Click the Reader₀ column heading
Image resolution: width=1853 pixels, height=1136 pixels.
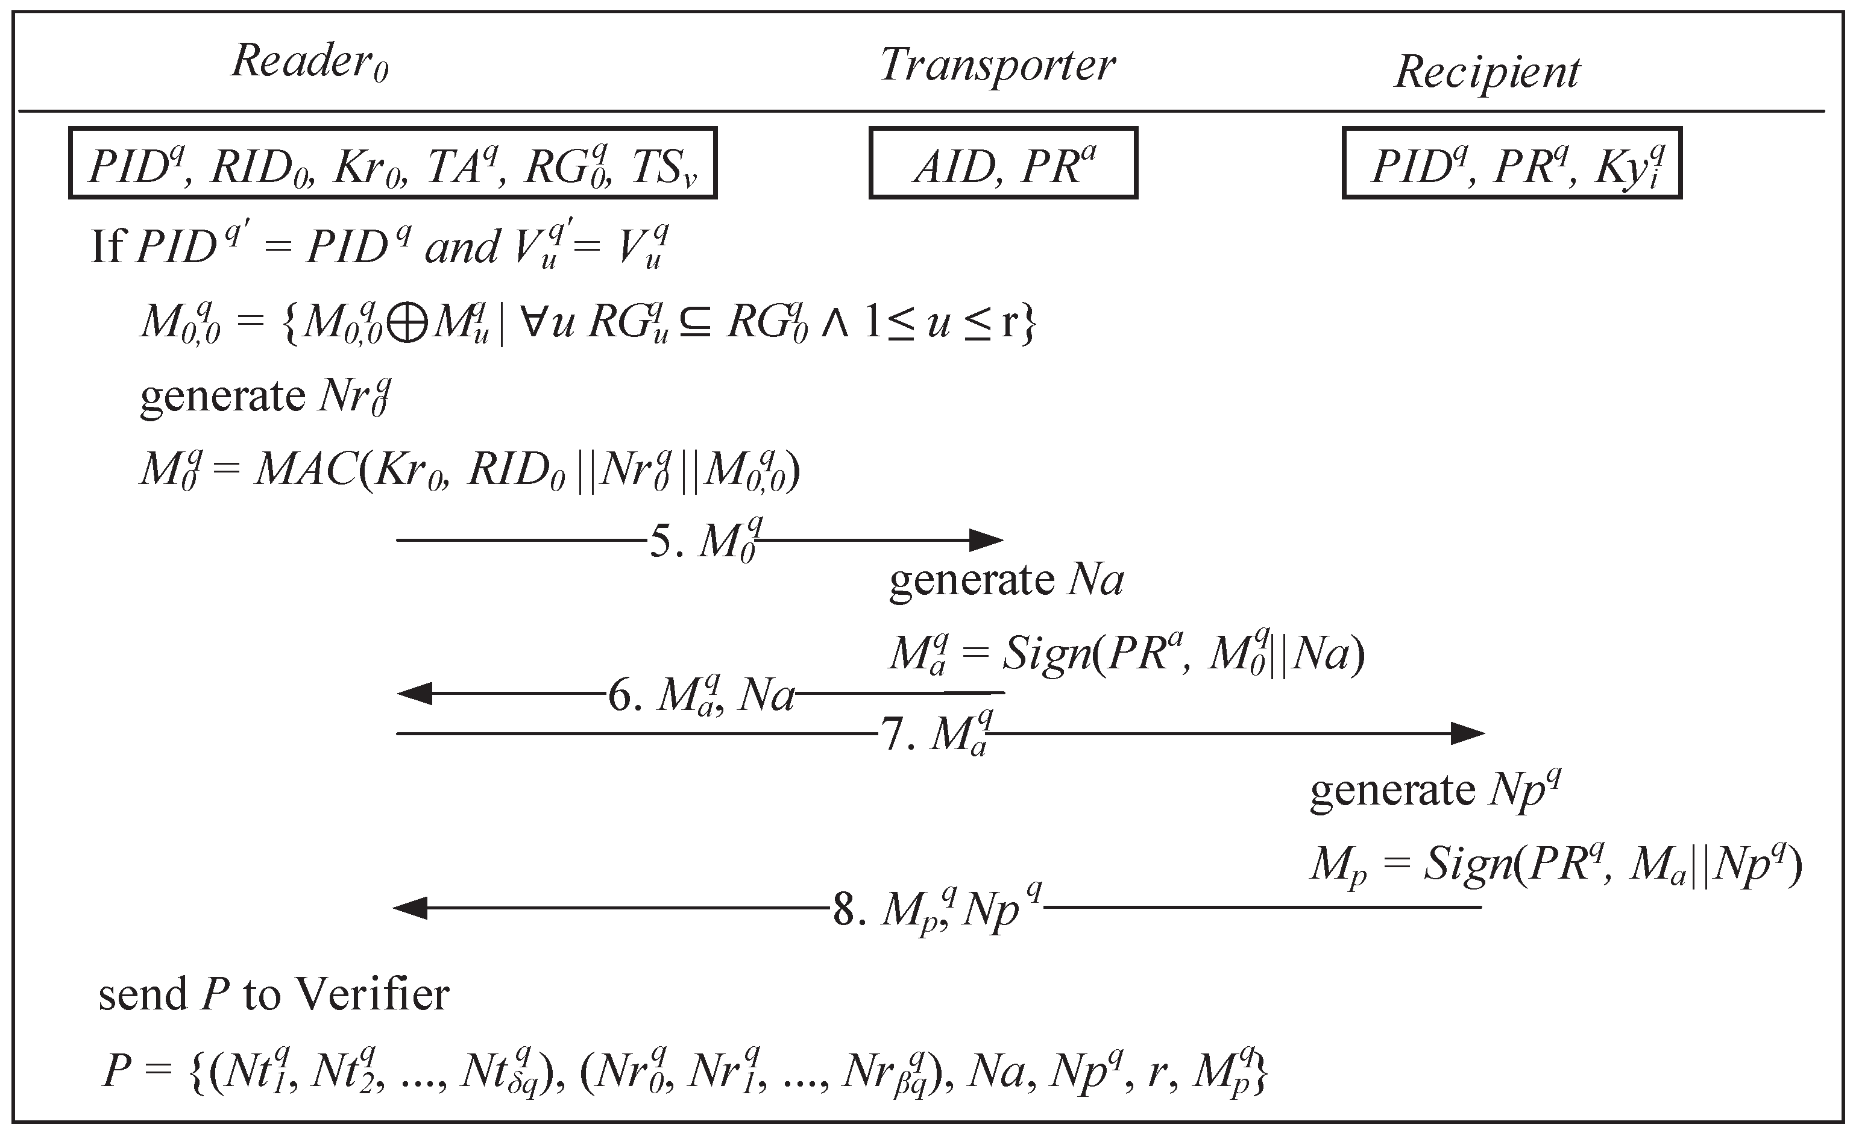(x=309, y=61)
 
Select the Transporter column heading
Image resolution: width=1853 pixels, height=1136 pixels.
(x=996, y=66)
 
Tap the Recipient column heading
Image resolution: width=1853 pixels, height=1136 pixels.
(x=1486, y=73)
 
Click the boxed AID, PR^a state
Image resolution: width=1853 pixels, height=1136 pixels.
(x=1002, y=164)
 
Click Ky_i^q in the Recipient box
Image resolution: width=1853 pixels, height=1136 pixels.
(x=1632, y=167)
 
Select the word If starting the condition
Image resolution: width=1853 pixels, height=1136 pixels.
(x=107, y=245)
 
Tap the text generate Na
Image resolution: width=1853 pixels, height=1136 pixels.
(x=1005, y=580)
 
